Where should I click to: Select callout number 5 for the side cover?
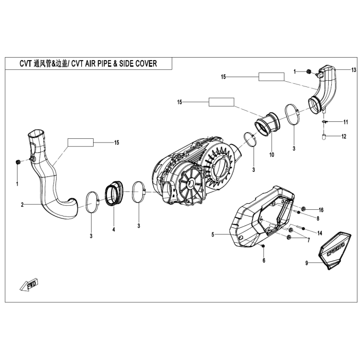[x=212, y=235]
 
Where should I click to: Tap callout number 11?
[x=346, y=122]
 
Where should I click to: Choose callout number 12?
[x=345, y=136]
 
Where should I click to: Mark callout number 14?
[x=319, y=233]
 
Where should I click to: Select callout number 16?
[x=321, y=210]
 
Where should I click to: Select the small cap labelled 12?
[x=325, y=136]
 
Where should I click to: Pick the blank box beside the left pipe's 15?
[x=81, y=142]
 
